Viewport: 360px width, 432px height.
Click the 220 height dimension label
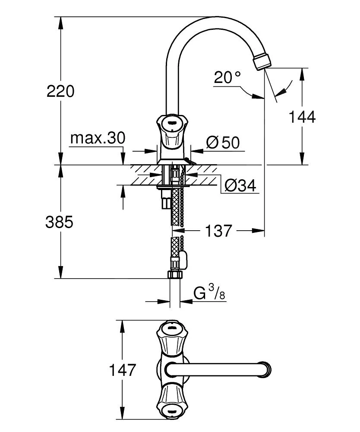60,91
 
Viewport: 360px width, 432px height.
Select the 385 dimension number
60,222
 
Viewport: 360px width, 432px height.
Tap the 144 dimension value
302,117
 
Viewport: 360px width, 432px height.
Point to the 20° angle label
227,78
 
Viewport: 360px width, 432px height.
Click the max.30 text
98,139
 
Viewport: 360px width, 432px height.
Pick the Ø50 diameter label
222,143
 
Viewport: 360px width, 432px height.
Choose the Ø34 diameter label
240,186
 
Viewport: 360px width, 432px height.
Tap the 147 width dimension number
123,370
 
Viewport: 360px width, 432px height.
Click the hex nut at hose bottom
175,274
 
